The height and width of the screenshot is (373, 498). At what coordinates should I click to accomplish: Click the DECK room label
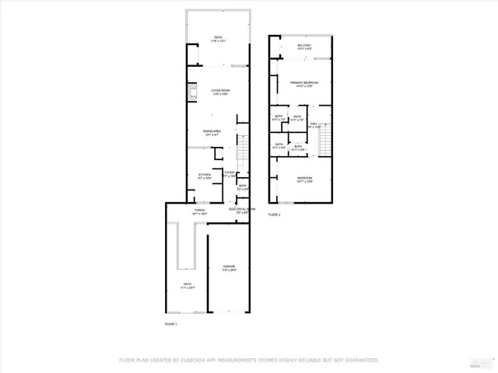click(219, 37)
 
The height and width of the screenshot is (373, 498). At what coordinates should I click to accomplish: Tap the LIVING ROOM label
click(221, 91)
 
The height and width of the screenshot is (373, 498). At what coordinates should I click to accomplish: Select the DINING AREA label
click(212, 131)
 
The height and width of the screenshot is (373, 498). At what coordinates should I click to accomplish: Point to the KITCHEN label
click(204, 175)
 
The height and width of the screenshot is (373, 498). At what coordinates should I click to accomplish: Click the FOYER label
click(230, 173)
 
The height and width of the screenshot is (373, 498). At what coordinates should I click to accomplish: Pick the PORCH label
click(198, 210)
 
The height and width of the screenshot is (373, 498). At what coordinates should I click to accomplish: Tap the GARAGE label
click(229, 266)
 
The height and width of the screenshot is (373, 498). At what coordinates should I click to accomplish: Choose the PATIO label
click(188, 285)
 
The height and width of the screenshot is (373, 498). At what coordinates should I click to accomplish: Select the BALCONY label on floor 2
click(304, 46)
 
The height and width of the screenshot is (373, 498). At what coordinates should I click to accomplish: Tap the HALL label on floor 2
click(314, 124)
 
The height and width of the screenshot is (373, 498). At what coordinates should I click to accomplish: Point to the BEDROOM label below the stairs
click(304, 179)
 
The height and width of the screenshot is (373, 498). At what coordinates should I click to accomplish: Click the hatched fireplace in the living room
click(191, 94)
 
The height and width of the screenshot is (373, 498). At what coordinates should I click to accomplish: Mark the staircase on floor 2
click(326, 139)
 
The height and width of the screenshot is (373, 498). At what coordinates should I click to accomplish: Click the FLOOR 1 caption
click(171, 323)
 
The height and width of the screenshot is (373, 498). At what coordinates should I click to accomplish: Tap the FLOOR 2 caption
click(275, 214)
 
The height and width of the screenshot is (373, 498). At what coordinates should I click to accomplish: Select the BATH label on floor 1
click(243, 186)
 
